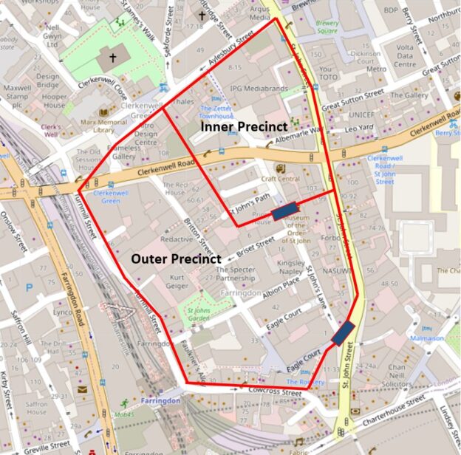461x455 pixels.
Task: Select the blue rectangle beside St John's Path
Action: pyautogui.click(x=285, y=213)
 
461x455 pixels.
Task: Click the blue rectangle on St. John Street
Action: pyautogui.click(x=342, y=334)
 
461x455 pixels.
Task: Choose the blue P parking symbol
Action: pyautogui.click(x=29, y=287)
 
